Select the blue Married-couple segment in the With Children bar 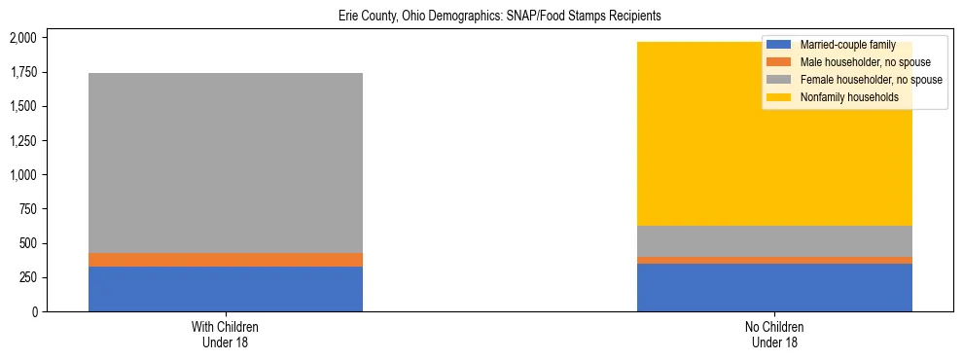[x=226, y=289]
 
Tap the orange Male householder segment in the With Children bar [x=226, y=260]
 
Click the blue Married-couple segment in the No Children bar [x=774, y=287]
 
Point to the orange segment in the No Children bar [x=774, y=260]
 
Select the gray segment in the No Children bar [x=774, y=241]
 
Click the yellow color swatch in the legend [x=780, y=97]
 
